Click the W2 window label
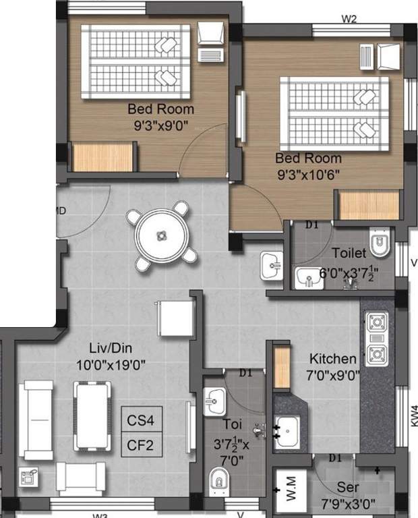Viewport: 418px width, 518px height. coord(349,19)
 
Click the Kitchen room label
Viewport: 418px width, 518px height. coord(332,359)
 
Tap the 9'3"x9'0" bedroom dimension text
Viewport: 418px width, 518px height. coord(161,124)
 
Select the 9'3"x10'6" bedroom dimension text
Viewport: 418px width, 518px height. coord(307,174)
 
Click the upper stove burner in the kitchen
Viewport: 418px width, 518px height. coord(376,322)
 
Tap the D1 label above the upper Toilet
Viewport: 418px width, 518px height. coord(311,225)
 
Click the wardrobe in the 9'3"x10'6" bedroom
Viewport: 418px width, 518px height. coord(369,205)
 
